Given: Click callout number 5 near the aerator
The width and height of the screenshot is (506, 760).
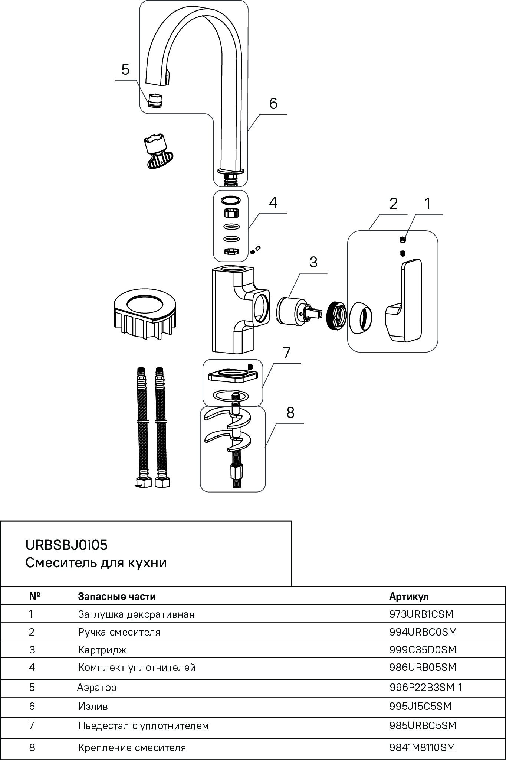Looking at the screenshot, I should click(125, 69).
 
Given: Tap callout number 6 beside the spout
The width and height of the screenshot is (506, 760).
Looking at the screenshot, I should click(273, 104).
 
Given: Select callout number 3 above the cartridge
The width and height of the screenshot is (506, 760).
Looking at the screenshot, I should click(313, 262).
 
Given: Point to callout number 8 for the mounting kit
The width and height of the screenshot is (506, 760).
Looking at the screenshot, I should click(290, 412).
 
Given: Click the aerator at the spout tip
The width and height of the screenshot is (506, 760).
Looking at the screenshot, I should click(155, 100).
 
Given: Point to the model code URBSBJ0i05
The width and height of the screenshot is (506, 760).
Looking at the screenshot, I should click(66, 545).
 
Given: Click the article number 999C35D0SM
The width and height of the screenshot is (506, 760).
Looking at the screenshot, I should click(423, 650).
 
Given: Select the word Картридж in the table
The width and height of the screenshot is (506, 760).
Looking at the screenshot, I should click(102, 650).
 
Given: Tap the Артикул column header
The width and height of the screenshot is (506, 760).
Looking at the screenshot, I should click(409, 597).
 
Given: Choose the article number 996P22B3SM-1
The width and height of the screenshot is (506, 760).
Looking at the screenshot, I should click(425, 688).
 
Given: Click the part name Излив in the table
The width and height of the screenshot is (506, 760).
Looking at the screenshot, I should click(93, 706).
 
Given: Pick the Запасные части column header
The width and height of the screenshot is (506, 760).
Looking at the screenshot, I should click(117, 597).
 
